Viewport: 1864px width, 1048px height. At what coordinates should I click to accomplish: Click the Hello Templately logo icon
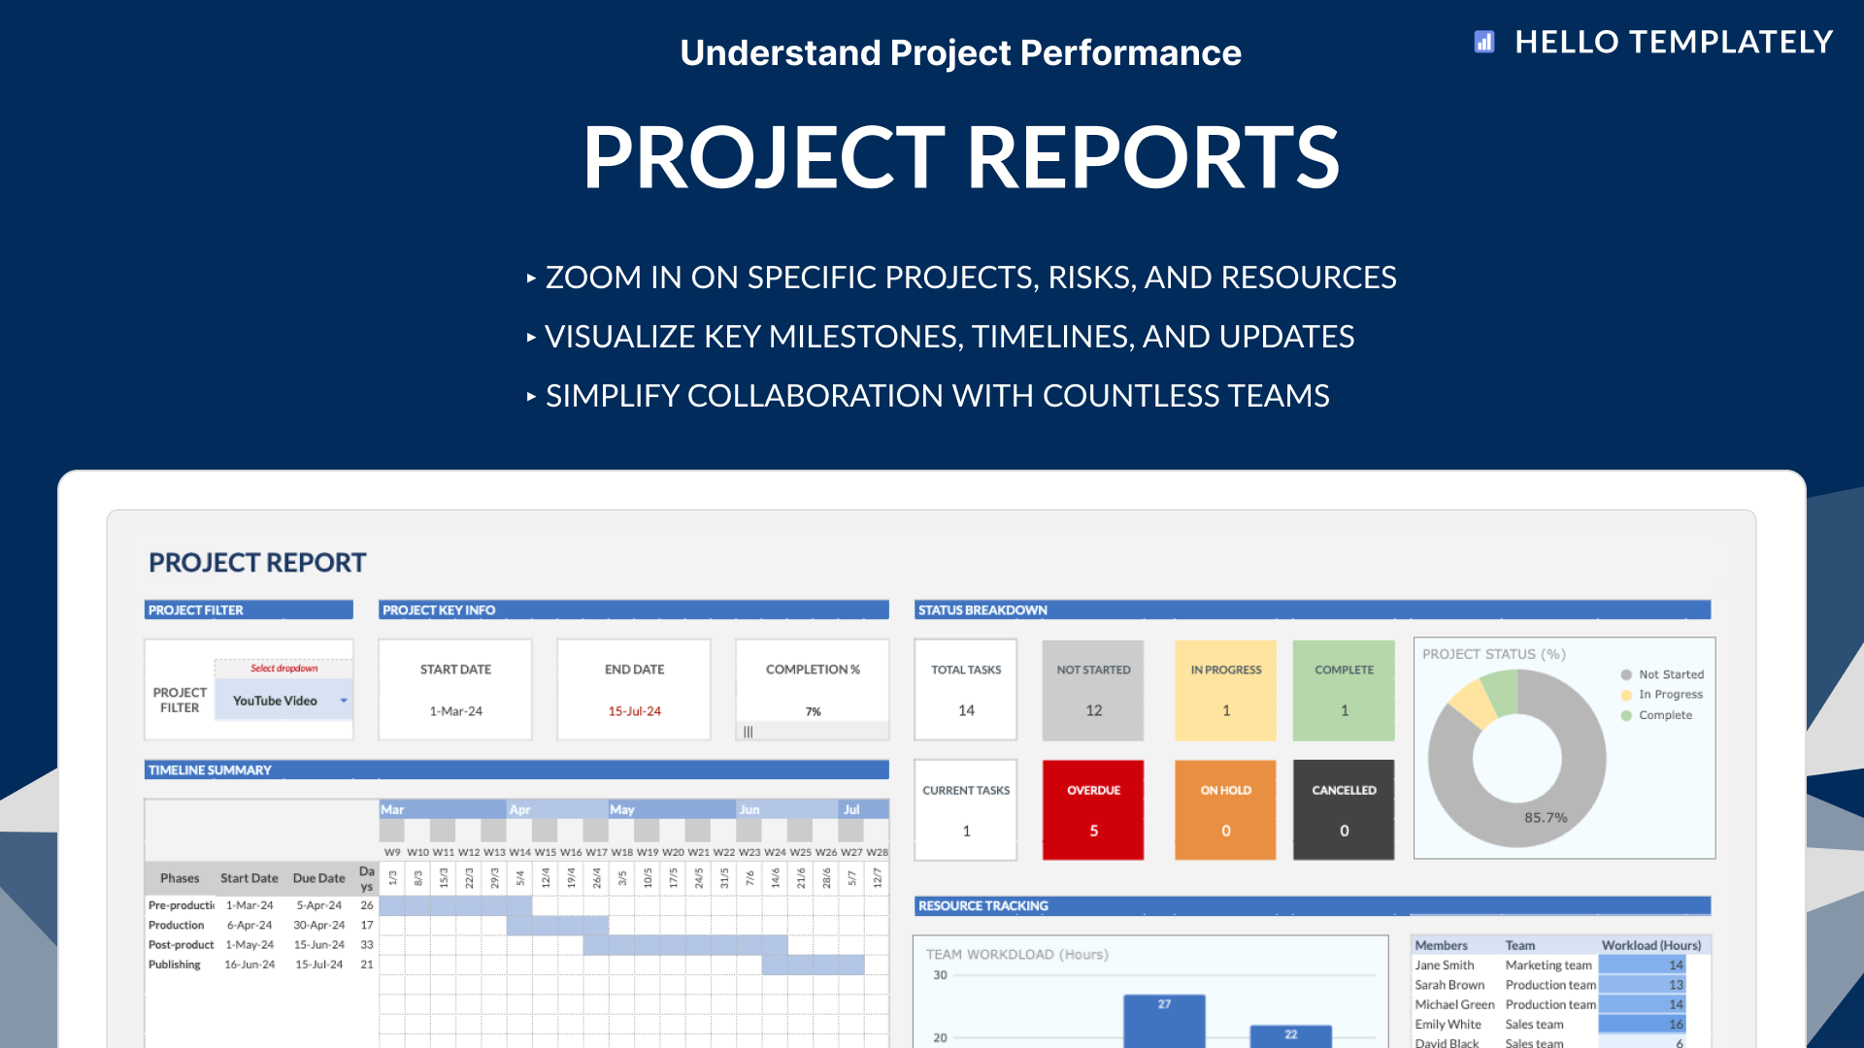click(1483, 42)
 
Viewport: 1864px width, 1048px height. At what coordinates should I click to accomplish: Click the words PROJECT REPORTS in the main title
click(960, 157)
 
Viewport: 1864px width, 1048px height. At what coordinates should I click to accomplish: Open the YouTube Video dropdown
click(344, 701)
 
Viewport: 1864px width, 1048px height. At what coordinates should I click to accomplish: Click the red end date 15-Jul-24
click(634, 711)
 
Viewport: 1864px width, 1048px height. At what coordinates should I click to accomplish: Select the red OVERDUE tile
click(1093, 809)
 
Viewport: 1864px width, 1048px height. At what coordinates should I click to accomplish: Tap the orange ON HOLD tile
click(1225, 809)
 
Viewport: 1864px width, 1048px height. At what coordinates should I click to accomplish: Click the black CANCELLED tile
click(1344, 809)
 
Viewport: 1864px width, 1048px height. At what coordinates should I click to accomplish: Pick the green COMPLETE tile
click(1344, 690)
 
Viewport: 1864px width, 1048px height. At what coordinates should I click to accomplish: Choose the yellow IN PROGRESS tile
click(1225, 690)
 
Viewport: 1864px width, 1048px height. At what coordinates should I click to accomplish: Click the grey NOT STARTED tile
click(1093, 690)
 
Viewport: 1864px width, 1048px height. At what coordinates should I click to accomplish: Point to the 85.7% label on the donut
click(1546, 817)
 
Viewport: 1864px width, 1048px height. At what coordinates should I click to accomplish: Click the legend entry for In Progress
click(1670, 695)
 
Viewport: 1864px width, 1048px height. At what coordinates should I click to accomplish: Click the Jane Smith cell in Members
click(1445, 966)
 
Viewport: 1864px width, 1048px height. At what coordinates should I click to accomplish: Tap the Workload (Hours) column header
click(1650, 945)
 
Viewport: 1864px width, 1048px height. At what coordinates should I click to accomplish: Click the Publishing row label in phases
click(175, 965)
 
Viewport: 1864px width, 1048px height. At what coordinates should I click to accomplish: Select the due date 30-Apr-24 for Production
click(318, 926)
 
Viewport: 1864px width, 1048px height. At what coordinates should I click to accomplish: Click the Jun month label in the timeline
click(749, 809)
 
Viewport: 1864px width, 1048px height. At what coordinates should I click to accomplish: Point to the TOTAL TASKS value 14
click(966, 710)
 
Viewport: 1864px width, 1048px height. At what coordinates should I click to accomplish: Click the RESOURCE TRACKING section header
click(982, 905)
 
